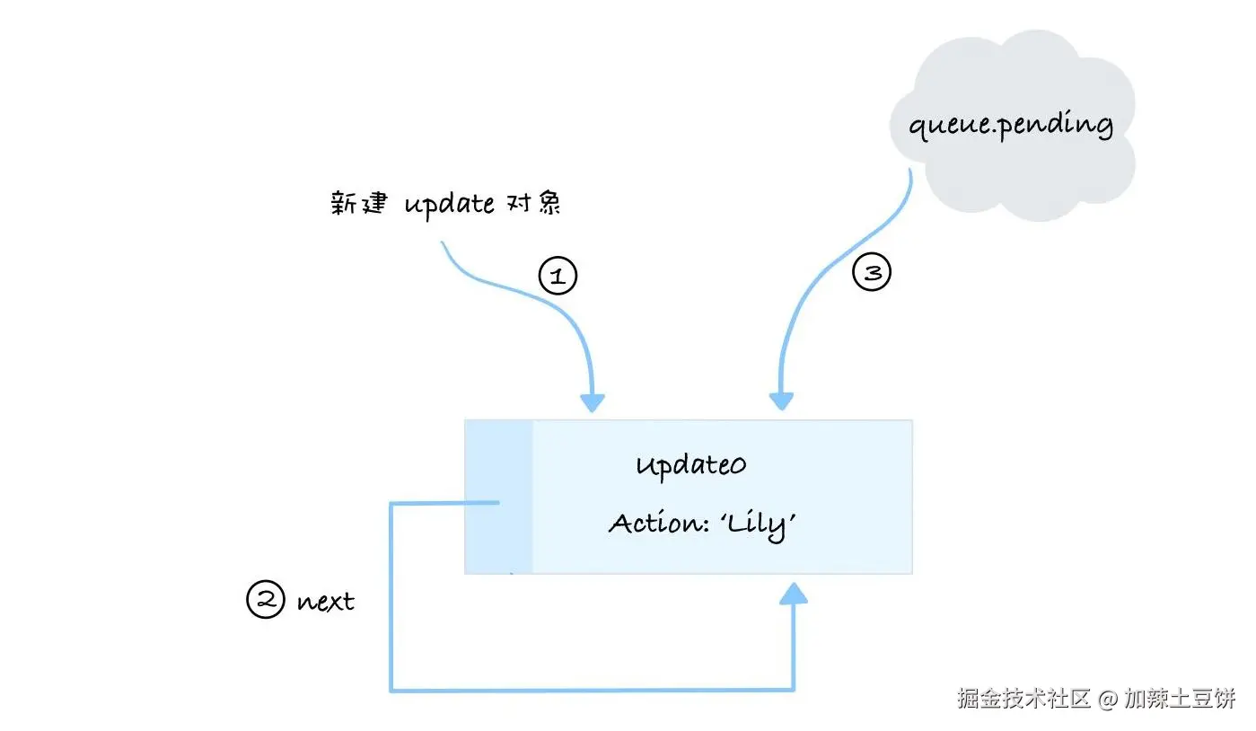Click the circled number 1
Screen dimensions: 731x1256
(x=557, y=276)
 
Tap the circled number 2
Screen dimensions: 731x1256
(x=265, y=600)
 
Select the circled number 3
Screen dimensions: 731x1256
(x=872, y=272)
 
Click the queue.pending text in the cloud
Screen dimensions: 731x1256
(x=1010, y=124)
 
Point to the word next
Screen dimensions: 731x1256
(x=325, y=601)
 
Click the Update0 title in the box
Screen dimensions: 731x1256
(x=690, y=465)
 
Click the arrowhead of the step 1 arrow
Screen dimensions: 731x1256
(x=592, y=401)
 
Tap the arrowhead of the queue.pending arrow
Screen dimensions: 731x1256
(x=782, y=401)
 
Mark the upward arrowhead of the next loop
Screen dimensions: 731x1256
(x=793, y=594)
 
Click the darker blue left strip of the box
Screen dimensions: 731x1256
(x=498, y=496)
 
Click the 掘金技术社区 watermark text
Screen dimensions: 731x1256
(x=1023, y=699)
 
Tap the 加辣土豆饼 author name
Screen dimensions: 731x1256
(x=1180, y=699)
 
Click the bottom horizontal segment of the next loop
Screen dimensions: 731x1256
(x=593, y=690)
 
